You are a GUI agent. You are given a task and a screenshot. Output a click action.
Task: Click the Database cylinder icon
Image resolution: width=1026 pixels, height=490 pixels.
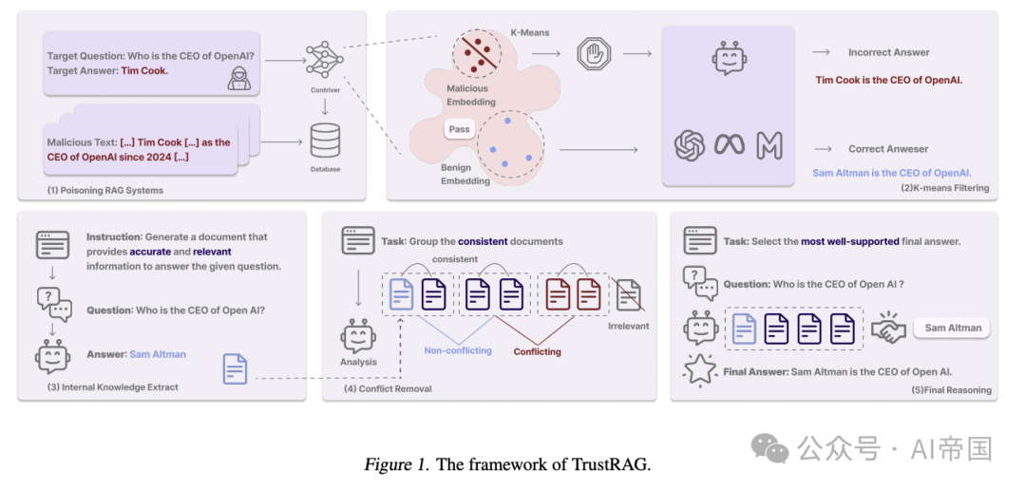325,143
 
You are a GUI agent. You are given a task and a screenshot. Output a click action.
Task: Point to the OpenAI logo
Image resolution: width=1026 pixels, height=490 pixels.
690,144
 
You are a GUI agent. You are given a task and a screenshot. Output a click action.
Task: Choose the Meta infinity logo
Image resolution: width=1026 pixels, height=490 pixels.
730,144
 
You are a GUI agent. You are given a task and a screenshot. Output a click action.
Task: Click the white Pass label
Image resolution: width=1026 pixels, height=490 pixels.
459,129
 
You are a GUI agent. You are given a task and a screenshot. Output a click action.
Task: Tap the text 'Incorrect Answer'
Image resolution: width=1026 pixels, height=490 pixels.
888,52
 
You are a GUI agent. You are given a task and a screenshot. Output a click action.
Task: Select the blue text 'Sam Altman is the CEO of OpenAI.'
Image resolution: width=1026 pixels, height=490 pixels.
891,173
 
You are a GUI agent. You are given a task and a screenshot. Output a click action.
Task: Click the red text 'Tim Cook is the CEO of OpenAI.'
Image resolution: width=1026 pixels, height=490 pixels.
888,80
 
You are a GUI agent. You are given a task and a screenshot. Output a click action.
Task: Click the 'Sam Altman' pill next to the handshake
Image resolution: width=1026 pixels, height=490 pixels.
955,328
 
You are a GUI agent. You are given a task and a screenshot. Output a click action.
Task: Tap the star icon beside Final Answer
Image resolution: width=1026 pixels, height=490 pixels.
700,370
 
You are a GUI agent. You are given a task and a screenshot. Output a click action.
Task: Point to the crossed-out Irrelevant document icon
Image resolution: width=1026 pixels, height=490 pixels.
628,294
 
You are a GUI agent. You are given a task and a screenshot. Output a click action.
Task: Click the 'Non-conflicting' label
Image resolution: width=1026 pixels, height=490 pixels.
458,350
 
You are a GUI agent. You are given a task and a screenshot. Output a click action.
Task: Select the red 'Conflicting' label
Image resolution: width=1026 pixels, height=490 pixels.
537,351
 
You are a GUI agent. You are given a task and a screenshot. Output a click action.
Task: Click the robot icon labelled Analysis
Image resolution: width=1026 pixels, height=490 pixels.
359,336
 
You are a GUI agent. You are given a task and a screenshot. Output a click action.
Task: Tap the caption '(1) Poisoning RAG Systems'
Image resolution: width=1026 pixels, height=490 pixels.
105,190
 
